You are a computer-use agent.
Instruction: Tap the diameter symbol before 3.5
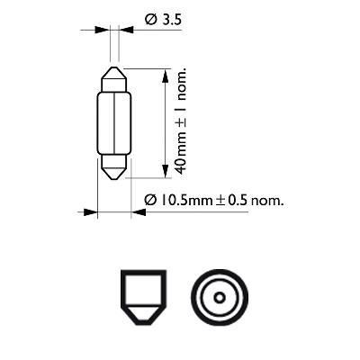[149, 17]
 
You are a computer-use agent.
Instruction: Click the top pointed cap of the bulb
[115, 75]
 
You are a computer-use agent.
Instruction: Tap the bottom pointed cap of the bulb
[115, 170]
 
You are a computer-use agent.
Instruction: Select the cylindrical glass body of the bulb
[115, 121]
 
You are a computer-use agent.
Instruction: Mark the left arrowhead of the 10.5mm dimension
[90, 213]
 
